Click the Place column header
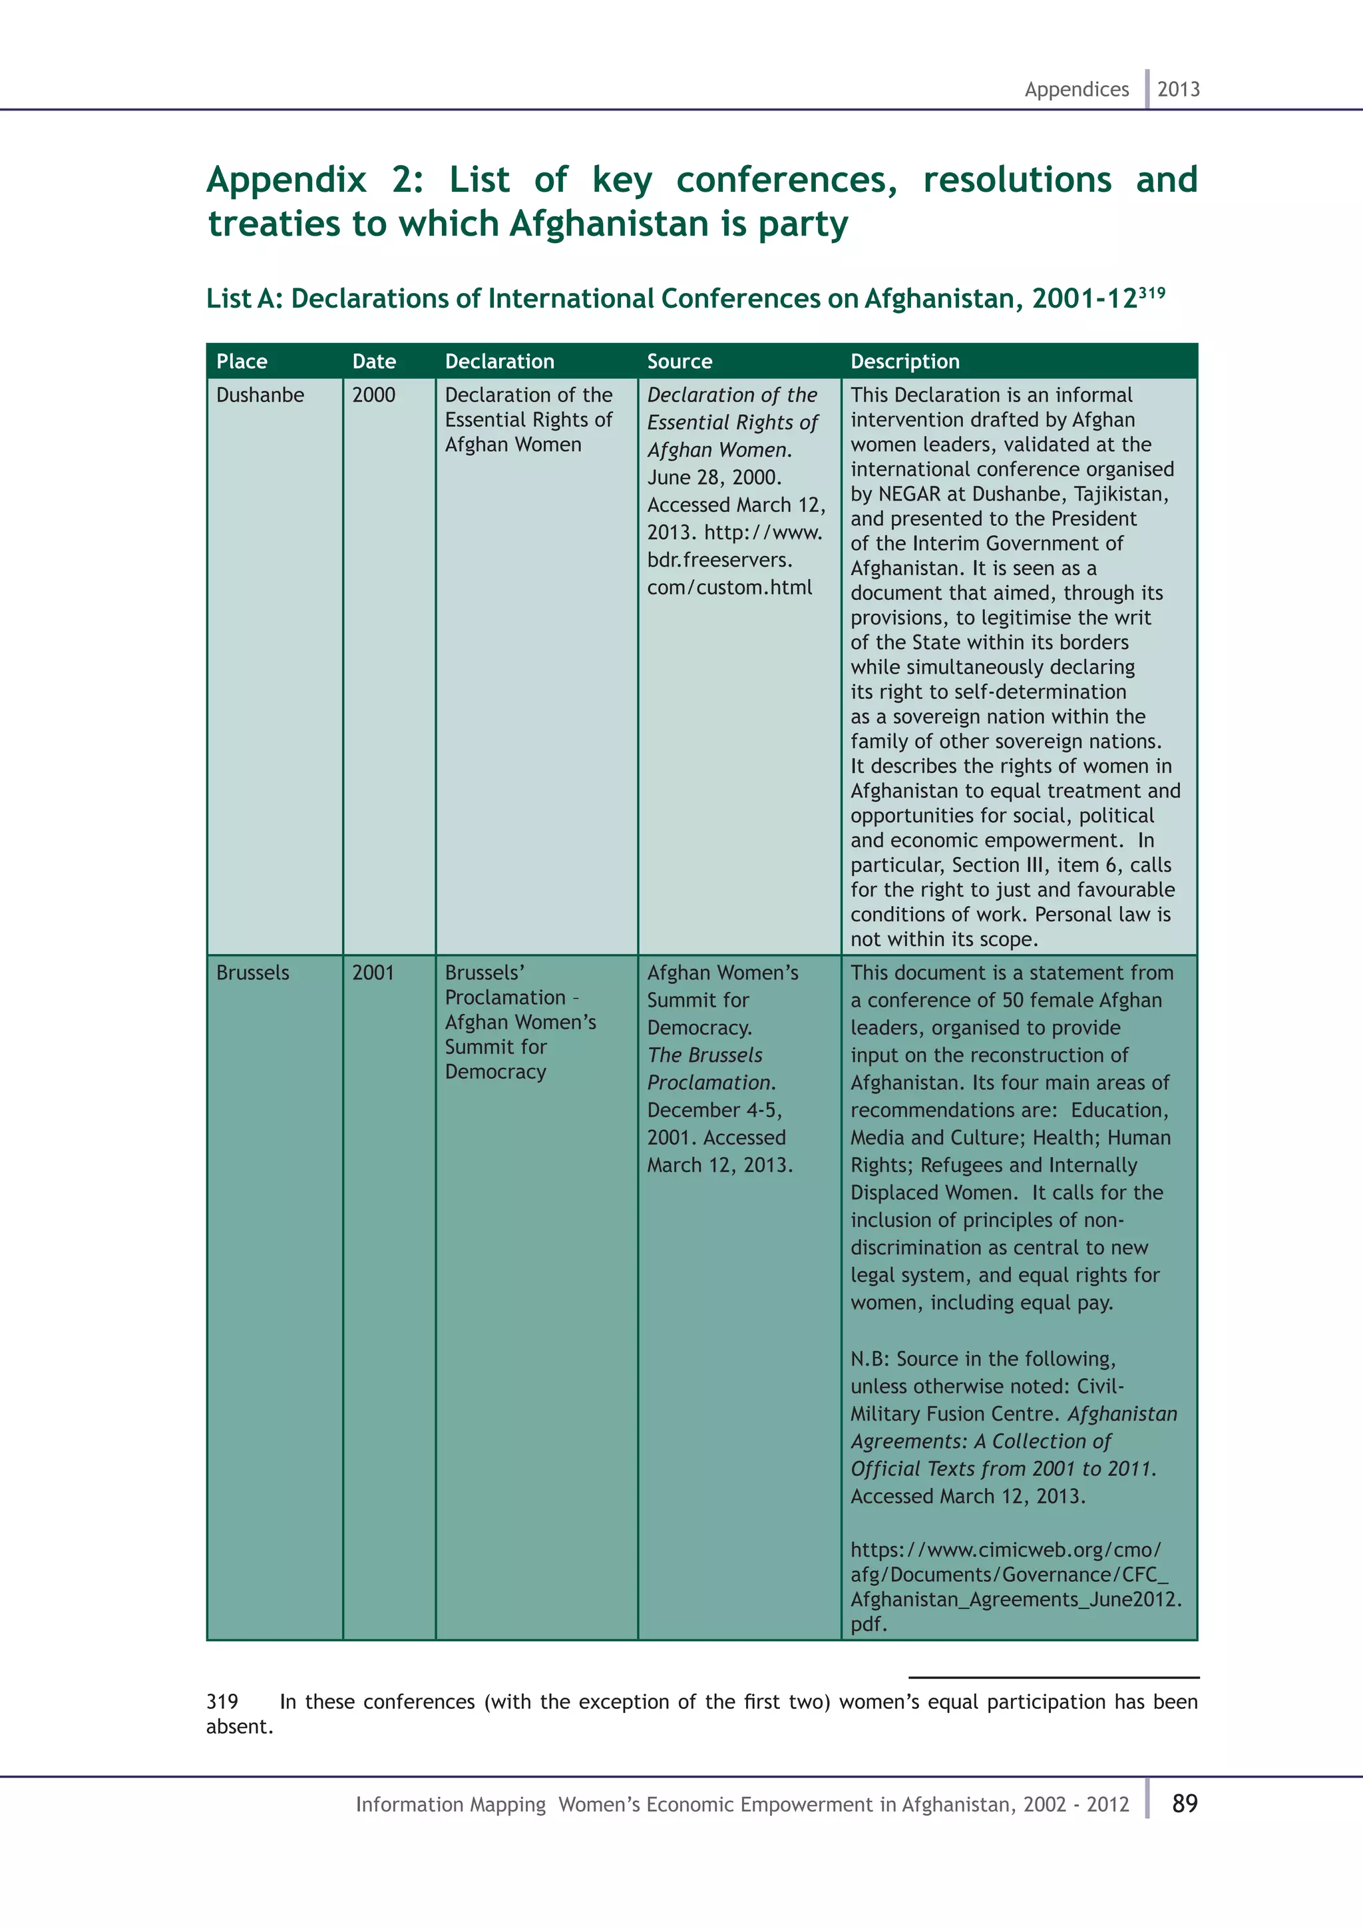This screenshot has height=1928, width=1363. tap(242, 362)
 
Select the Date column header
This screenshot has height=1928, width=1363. tap(373, 362)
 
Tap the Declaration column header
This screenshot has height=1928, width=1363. tap(499, 362)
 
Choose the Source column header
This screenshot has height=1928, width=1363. tap(679, 362)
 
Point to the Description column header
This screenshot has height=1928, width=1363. tap(904, 362)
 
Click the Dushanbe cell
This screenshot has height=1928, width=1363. tap(260, 395)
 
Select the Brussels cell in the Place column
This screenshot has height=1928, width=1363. tap(253, 973)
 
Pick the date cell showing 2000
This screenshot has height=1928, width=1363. tap(373, 395)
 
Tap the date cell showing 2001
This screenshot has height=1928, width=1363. tap(373, 973)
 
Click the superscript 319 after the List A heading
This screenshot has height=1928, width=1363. tap(1151, 292)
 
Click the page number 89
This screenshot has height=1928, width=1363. tap(1184, 1804)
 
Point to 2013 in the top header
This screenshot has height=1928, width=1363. tap(1179, 89)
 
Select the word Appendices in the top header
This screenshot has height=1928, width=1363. tap(1076, 89)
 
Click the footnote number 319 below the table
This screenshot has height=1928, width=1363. tap(222, 1702)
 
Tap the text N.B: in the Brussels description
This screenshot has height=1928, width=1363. tap(869, 1359)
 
